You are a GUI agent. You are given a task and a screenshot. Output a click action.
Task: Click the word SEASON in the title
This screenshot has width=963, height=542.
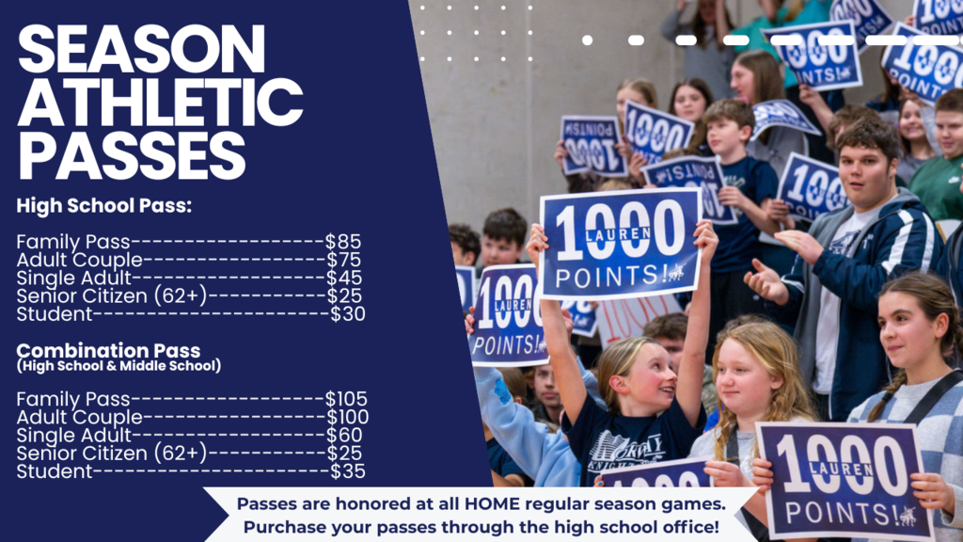tap(141, 48)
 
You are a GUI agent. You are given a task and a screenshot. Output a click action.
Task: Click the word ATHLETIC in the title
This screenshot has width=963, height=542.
tap(160, 103)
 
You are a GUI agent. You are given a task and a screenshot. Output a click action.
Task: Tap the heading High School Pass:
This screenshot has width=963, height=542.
tap(103, 205)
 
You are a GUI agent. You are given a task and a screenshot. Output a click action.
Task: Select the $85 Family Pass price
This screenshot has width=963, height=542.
tap(343, 242)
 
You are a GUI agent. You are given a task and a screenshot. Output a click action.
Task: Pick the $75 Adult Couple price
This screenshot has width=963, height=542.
tap(344, 260)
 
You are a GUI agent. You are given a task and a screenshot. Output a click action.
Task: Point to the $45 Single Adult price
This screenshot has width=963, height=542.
tap(344, 279)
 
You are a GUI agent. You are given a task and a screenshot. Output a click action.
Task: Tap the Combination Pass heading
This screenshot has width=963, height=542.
tap(108, 352)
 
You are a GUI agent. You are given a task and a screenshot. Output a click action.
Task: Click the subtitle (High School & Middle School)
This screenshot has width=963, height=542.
tap(118, 366)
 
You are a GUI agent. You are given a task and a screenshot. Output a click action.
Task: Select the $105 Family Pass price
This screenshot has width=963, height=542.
tap(346, 399)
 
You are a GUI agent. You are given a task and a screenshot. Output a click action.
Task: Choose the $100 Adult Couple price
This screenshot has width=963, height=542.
tap(347, 417)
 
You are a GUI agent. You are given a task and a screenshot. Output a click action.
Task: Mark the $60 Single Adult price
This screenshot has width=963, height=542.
tap(344, 435)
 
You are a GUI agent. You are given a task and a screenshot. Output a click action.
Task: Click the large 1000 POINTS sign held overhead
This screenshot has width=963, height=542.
tap(620, 243)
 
